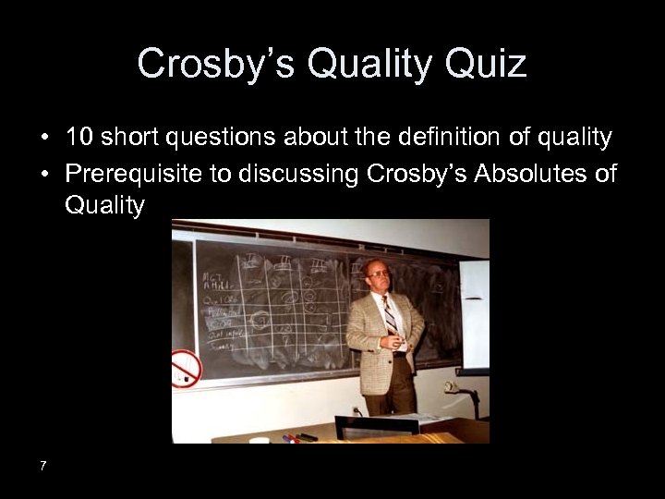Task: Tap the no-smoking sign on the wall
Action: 187,368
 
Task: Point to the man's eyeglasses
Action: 378,274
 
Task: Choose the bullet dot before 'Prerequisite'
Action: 44,174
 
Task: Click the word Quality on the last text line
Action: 104,205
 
